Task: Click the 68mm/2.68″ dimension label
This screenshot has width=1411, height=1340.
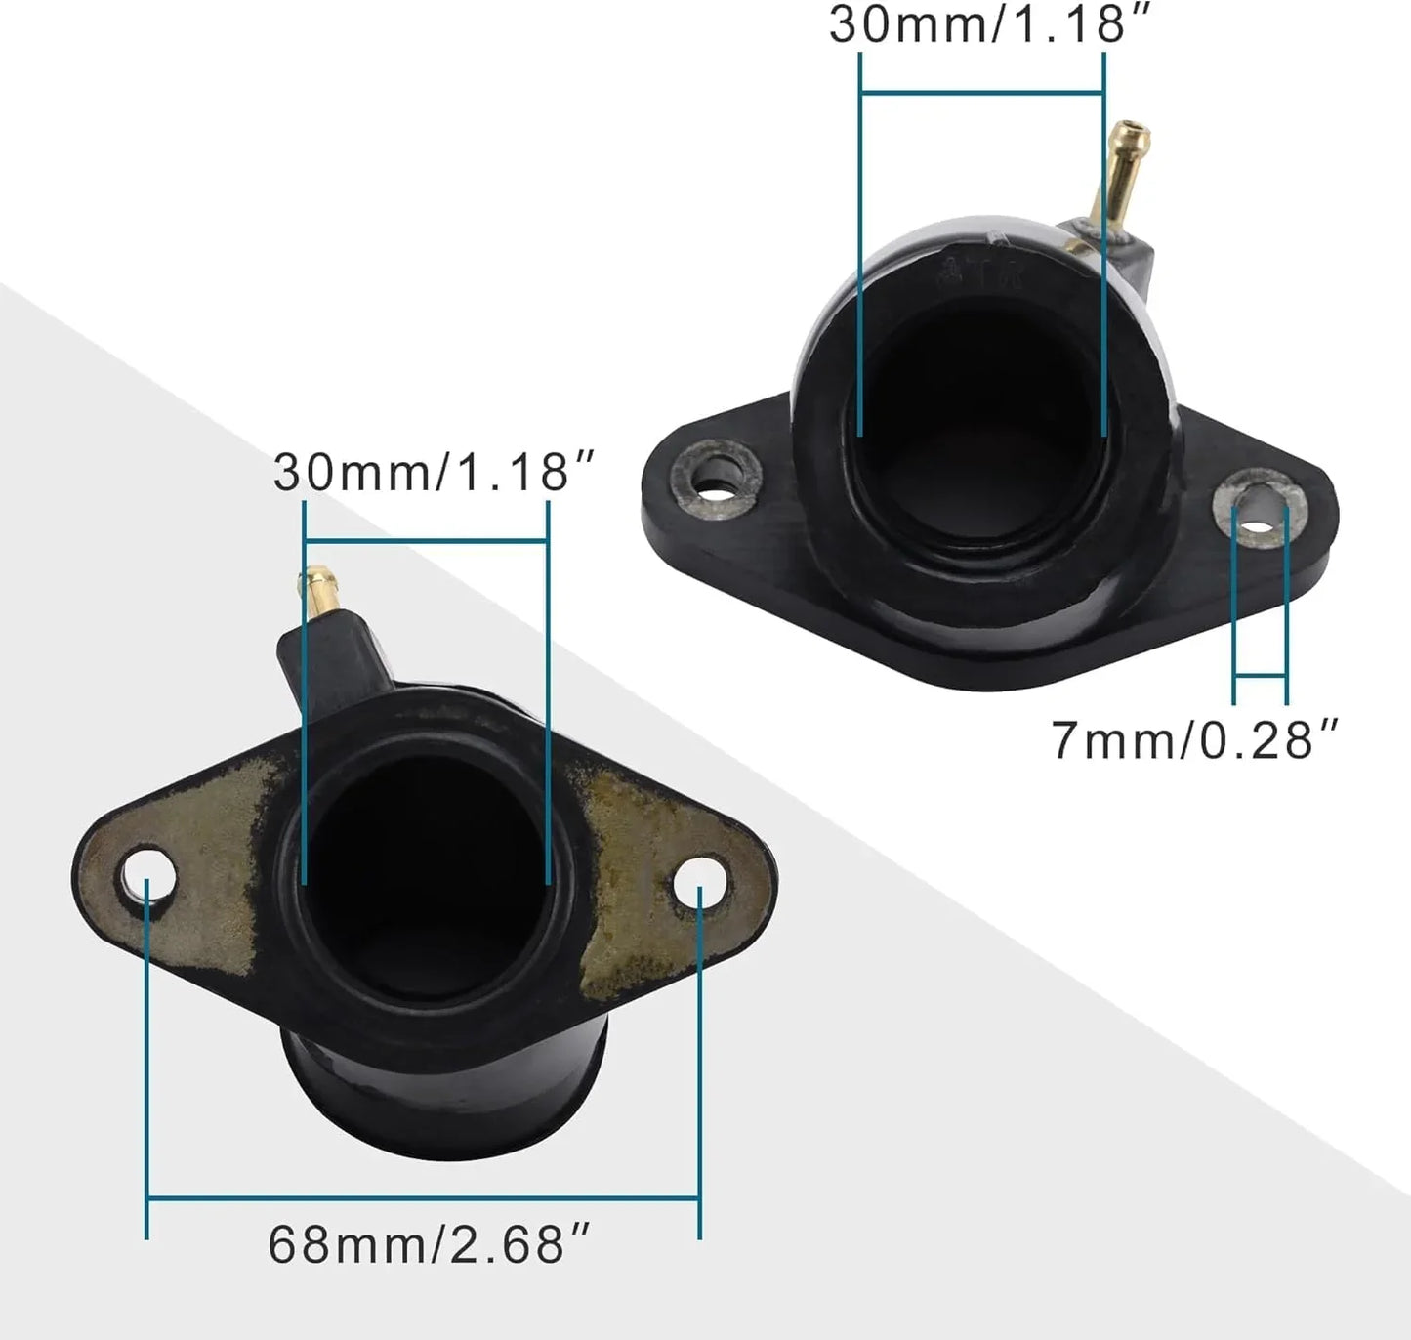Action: pyautogui.click(x=429, y=1244)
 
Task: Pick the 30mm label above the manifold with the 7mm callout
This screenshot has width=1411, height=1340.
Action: pyautogui.click(x=990, y=23)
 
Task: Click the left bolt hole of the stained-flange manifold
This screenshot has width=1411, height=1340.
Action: pyautogui.click(x=148, y=876)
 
